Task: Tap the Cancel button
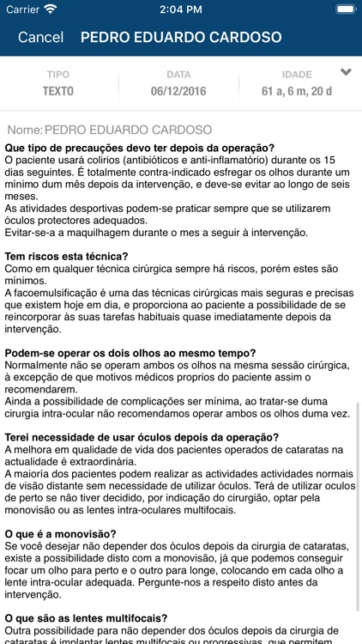pyautogui.click(x=40, y=37)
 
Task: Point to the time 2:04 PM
pyautogui.click(x=180, y=9)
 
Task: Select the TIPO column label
pyautogui.click(x=58, y=75)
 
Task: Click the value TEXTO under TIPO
pyautogui.click(x=58, y=90)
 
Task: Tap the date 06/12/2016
pyautogui.click(x=178, y=90)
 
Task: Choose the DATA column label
pyautogui.click(x=178, y=75)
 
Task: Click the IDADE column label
pyautogui.click(x=297, y=75)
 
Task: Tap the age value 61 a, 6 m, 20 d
pyautogui.click(x=297, y=90)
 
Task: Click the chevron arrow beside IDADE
pyautogui.click(x=346, y=73)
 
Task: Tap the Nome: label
pyautogui.click(x=24, y=130)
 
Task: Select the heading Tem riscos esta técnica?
pyautogui.click(x=67, y=256)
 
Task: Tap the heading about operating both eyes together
pyautogui.click(x=118, y=353)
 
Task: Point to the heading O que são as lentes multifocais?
pyautogui.click(x=86, y=617)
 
